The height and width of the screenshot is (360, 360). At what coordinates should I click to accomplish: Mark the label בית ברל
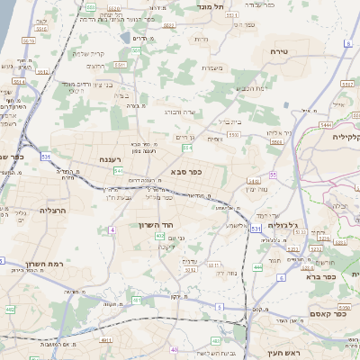pos(229,121)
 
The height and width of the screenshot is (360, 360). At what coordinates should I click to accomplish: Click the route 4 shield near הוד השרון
pos(112,230)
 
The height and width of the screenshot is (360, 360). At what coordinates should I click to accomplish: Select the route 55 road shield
pos(273,175)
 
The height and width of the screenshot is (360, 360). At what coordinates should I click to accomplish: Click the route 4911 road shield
pos(106,340)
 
